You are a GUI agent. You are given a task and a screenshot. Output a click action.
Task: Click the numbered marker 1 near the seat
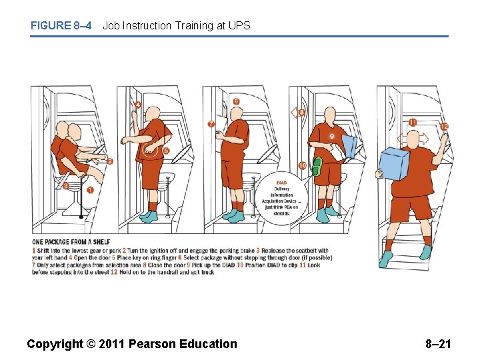click(x=90, y=190)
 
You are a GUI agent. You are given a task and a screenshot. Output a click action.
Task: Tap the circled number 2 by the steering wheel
click(x=110, y=161)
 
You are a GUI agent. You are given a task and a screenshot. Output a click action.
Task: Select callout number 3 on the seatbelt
click(x=66, y=186)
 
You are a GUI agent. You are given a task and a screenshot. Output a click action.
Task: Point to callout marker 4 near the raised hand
click(x=137, y=105)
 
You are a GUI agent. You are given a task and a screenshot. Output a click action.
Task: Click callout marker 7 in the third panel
click(x=211, y=124)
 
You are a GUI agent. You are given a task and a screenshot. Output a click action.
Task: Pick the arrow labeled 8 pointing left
click(x=297, y=113)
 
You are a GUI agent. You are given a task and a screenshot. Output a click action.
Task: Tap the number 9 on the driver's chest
click(x=331, y=136)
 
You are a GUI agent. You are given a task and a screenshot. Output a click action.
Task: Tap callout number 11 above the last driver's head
click(x=413, y=123)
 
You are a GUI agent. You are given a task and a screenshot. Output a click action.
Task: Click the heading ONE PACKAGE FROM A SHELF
click(x=71, y=242)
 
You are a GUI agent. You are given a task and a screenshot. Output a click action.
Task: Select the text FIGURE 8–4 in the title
click(x=61, y=26)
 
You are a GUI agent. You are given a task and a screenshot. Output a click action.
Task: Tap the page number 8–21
click(x=438, y=344)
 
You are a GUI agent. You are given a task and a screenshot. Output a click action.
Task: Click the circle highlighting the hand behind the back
click(x=152, y=151)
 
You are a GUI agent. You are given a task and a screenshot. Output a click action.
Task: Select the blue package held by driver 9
click(x=349, y=146)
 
